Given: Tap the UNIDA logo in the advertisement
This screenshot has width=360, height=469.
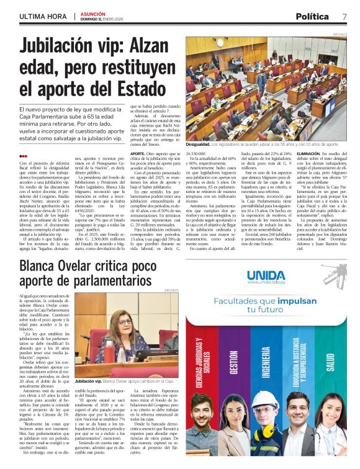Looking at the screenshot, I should click(266, 275).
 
